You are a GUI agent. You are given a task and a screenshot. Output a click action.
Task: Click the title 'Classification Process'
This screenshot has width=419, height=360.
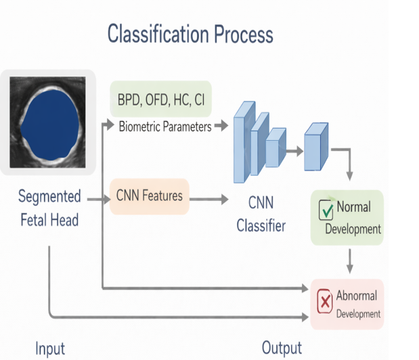tap(190, 35)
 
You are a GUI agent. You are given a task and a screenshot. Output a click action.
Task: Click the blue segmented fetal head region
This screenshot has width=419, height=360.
tap(48, 123)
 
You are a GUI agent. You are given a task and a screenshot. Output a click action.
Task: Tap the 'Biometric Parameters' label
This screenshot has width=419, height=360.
tap(164, 126)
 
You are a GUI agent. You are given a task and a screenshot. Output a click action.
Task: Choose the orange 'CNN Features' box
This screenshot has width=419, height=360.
tap(149, 196)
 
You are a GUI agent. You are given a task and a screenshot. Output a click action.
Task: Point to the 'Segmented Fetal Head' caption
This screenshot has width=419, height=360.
tap(49, 208)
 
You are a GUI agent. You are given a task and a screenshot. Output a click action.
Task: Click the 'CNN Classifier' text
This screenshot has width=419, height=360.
tap(261, 213)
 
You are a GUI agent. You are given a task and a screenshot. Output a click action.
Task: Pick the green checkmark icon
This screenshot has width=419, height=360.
tap(326, 211)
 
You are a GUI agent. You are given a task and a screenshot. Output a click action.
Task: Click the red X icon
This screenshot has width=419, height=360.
tap(324, 300)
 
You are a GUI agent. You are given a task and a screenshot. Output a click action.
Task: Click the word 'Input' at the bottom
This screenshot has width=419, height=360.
tap(50, 348)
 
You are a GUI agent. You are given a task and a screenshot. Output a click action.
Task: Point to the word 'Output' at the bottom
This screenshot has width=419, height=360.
tap(282, 348)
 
